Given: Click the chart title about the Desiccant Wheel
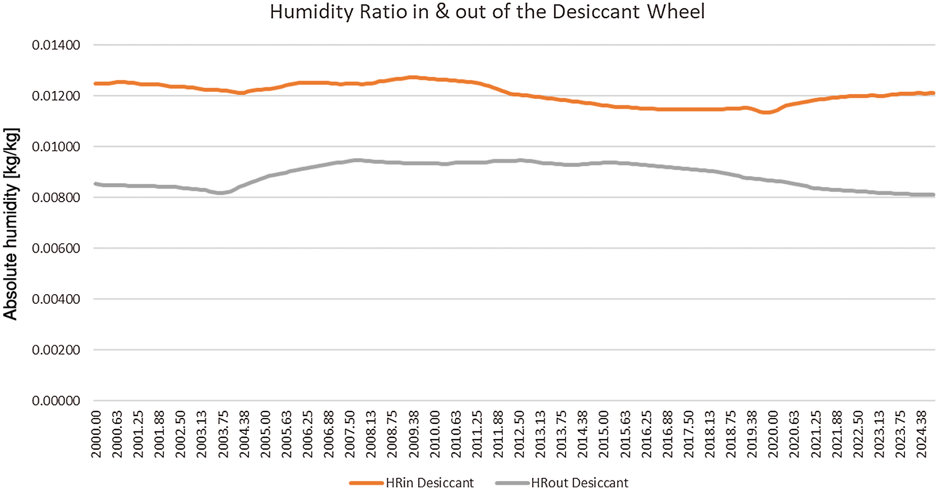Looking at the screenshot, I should (x=487, y=12).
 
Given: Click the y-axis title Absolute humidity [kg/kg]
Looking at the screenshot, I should (x=11, y=223).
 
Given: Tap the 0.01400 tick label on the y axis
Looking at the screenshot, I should (x=56, y=45).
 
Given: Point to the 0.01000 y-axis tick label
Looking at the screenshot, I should (x=56, y=147).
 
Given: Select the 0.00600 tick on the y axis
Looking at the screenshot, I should (x=56, y=248).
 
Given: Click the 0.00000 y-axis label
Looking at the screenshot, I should (x=56, y=401).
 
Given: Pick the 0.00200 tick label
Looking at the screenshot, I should (x=56, y=350).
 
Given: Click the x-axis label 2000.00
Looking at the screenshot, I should (x=96, y=434).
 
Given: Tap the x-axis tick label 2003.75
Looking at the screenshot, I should (x=223, y=434).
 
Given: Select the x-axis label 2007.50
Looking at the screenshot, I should (x=350, y=434).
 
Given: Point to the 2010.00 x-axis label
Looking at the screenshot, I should (x=435, y=434).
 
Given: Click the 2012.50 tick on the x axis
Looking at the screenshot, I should (x=519, y=434).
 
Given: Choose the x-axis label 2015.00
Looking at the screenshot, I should (x=604, y=434).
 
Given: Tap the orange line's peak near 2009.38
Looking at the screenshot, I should (x=413, y=77).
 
